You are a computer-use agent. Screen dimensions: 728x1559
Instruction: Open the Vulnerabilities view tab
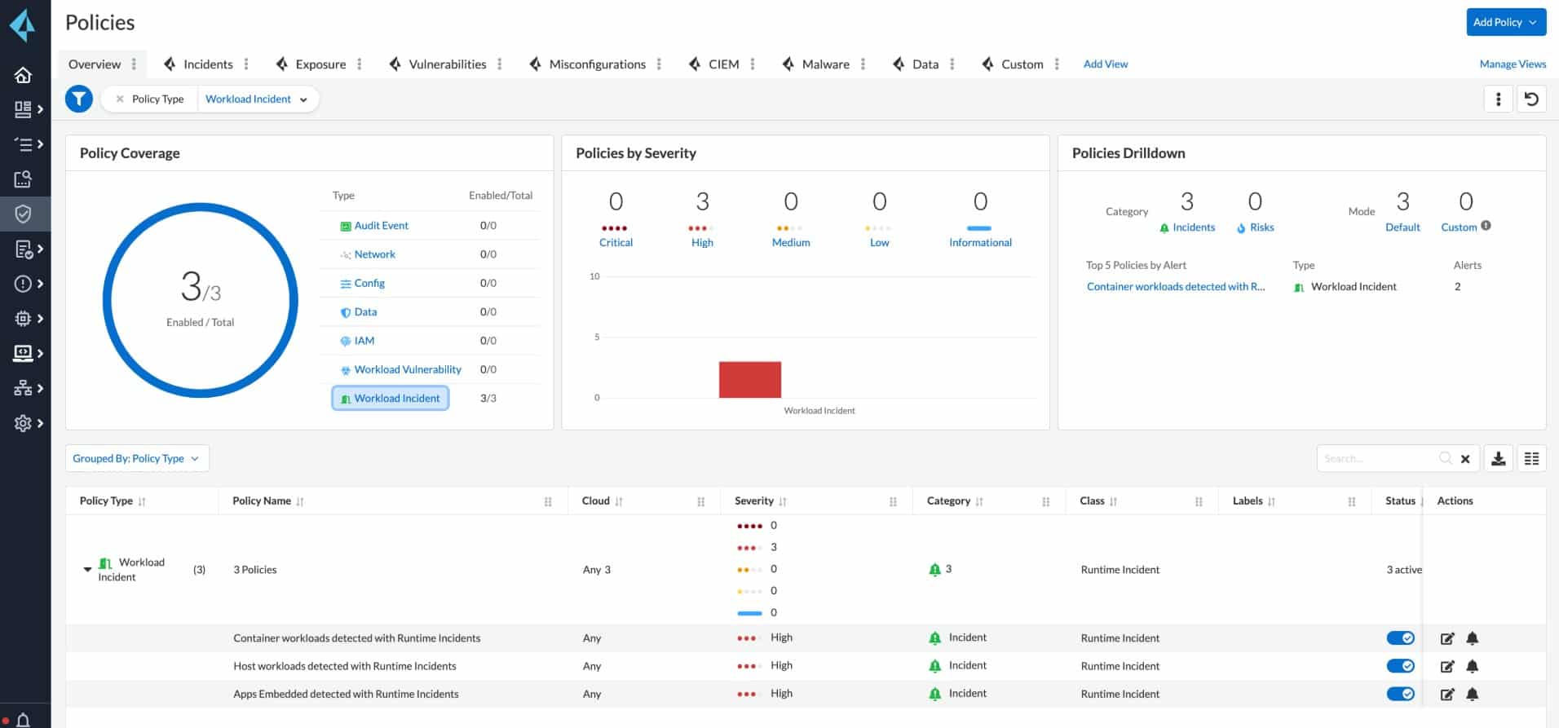pos(447,64)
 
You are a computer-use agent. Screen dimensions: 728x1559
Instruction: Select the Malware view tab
pos(825,64)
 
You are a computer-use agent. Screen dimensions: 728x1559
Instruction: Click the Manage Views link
pos(1513,64)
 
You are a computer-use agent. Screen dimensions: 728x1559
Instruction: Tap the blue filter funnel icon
pos(79,99)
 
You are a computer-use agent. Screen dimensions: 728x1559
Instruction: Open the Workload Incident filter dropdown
pos(256,99)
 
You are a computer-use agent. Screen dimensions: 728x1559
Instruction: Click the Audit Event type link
pos(381,226)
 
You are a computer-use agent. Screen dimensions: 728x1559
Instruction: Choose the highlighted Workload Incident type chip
pos(391,399)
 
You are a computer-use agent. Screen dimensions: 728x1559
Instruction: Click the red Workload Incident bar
pos(749,380)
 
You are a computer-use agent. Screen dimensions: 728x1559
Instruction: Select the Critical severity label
pos(616,243)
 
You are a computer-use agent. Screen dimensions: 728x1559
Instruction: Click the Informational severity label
pos(980,243)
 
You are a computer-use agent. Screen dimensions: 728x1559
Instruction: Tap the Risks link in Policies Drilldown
pos(1261,227)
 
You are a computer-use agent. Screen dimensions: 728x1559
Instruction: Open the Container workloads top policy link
pos(1175,287)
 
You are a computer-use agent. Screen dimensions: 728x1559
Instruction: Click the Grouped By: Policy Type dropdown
pos(136,458)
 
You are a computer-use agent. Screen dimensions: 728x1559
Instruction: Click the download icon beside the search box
pos(1499,459)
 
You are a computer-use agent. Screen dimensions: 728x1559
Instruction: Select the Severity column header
pos(754,501)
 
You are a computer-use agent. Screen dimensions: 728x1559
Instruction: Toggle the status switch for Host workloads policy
pos(1400,666)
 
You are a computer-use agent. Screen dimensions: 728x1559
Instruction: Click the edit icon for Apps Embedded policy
pos(1447,695)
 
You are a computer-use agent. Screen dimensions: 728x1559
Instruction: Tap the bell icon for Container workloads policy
pos(1473,638)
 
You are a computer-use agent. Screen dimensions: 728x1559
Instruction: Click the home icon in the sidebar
pos(23,75)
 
